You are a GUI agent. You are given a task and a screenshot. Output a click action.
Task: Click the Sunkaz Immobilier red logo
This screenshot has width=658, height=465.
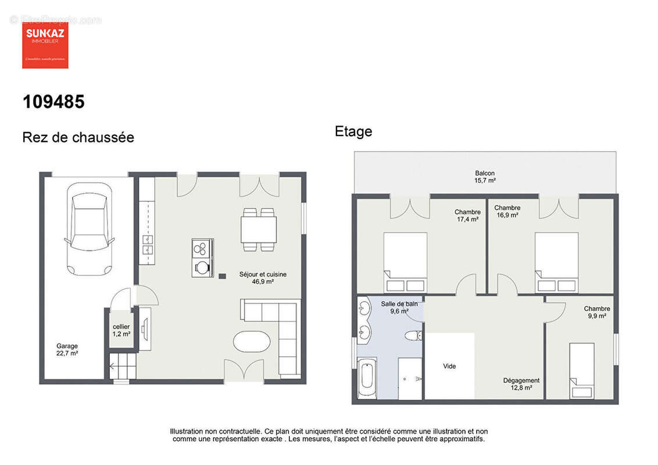(x=45, y=45)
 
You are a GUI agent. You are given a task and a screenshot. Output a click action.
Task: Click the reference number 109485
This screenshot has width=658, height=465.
(x=53, y=102)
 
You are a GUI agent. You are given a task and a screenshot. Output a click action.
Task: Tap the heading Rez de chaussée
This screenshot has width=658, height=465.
(x=78, y=137)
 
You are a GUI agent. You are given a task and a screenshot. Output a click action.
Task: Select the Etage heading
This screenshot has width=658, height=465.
(x=353, y=131)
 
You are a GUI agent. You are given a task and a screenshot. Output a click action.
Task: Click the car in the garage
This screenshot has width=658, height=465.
(x=89, y=228)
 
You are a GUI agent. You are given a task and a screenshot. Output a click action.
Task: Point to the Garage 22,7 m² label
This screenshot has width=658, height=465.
(x=67, y=349)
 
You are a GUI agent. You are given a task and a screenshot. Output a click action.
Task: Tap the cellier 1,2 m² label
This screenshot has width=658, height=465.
(x=121, y=330)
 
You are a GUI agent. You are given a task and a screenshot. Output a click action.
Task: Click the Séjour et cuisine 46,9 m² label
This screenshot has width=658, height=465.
(x=263, y=278)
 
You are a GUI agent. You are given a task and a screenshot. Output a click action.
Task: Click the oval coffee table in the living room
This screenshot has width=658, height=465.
(x=252, y=341)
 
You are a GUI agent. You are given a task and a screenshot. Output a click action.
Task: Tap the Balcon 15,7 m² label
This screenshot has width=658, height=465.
(x=485, y=177)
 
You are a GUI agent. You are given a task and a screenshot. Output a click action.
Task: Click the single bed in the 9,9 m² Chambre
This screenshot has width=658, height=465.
(x=582, y=370)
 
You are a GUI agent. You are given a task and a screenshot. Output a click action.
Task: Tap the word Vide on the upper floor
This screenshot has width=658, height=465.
(x=449, y=366)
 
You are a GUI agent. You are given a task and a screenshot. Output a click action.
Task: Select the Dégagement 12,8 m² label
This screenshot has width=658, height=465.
(x=521, y=384)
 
